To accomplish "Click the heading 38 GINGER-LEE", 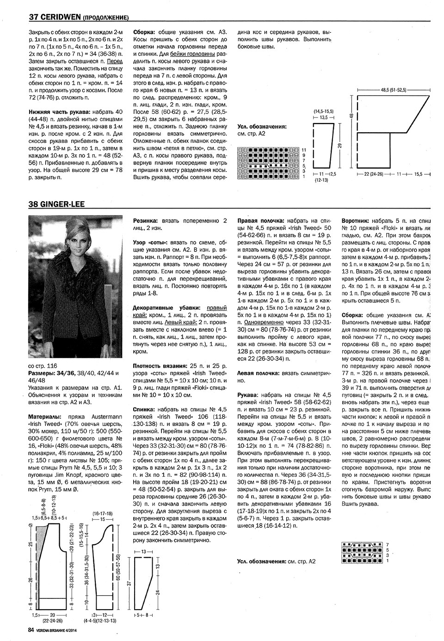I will click(x=57, y=204).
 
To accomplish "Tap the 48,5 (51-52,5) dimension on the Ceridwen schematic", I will click(x=393, y=90).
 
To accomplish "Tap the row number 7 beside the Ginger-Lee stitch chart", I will click(x=387, y=544).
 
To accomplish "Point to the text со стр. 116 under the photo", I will click(x=43, y=365).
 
